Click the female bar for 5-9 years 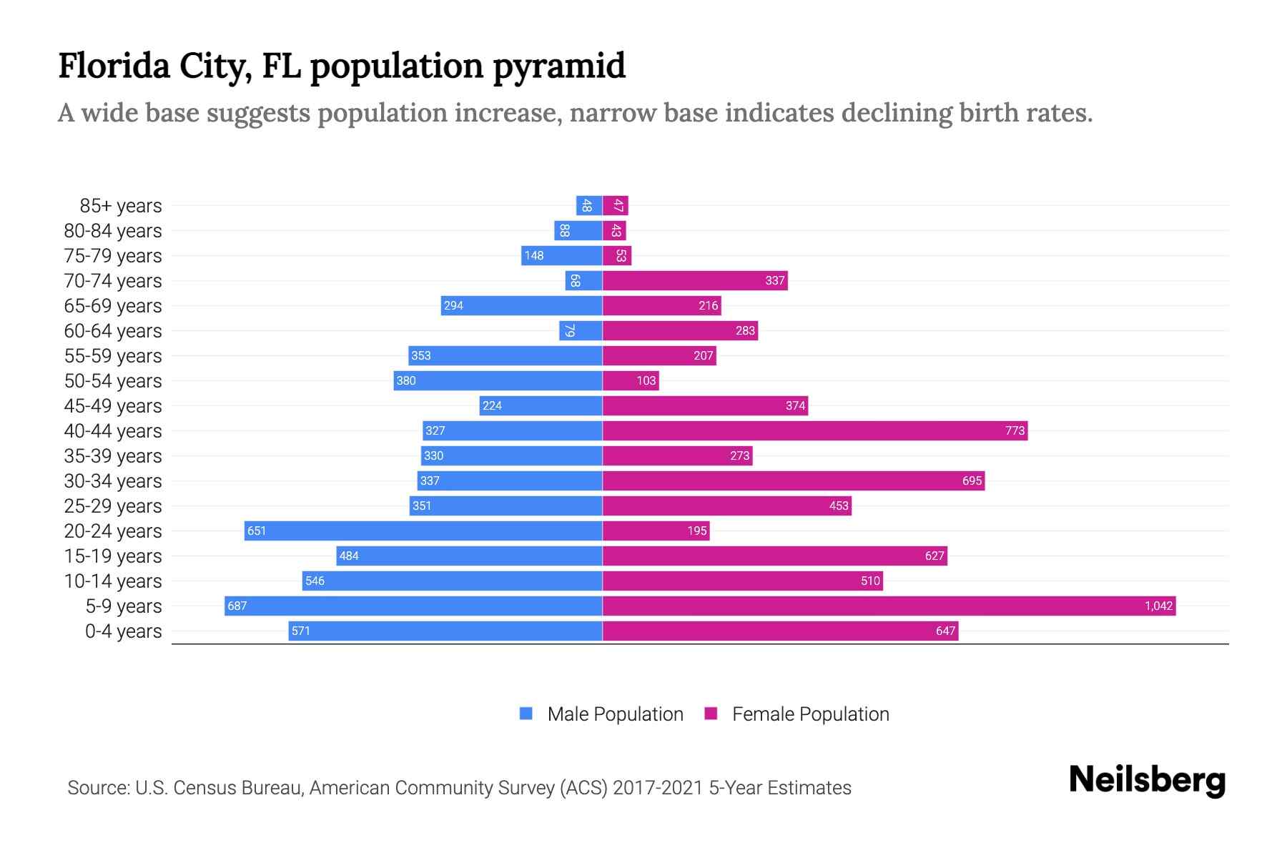tap(889, 606)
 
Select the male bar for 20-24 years tap(423, 531)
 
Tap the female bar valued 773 tap(815, 430)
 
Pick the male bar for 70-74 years tap(583, 280)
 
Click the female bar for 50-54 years tap(631, 380)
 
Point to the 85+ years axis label tap(121, 206)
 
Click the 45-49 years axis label tap(113, 406)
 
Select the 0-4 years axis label tap(123, 631)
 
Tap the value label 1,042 tap(1158, 606)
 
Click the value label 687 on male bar tap(237, 606)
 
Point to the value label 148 tap(533, 256)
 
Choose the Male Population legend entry tap(615, 714)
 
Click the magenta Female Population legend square tap(711, 714)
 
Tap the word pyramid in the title tap(559, 66)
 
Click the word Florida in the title tap(114, 66)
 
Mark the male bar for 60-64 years tap(581, 330)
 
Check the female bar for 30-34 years tap(794, 480)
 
